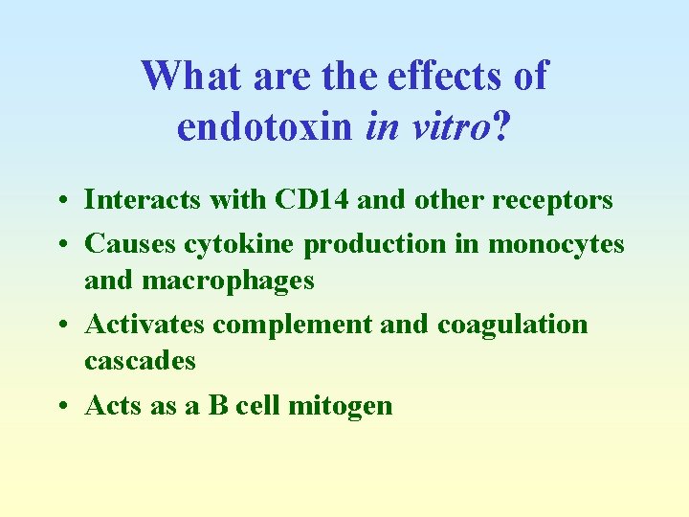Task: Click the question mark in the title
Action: point(500,125)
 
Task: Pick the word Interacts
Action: point(143,199)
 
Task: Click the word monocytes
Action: point(556,244)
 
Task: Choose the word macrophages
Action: point(227,281)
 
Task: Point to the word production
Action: point(374,244)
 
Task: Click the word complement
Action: point(292,325)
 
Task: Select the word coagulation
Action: point(512,325)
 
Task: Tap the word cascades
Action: point(140,361)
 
